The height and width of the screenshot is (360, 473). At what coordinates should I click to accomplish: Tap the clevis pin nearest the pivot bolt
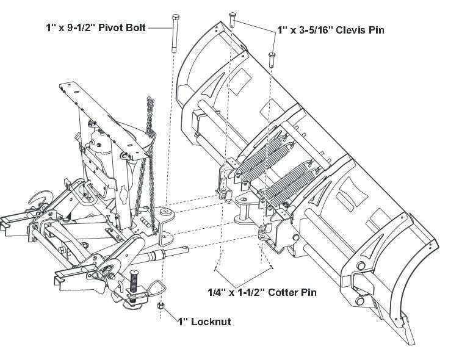point(233,20)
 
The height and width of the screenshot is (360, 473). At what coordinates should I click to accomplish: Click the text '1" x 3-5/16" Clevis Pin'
point(331,29)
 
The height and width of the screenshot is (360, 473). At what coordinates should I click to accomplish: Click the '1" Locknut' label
point(204,322)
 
